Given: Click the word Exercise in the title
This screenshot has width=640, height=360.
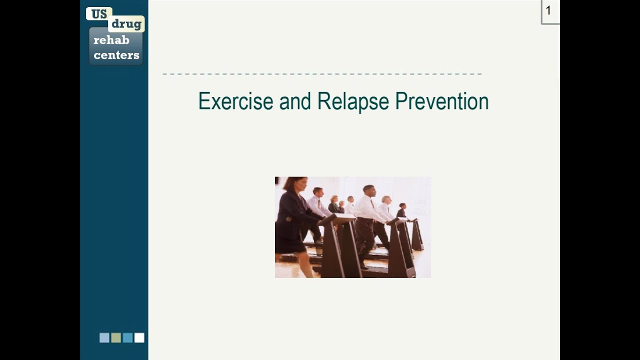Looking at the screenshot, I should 235,101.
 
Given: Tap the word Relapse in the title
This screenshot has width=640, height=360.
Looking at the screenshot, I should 353,101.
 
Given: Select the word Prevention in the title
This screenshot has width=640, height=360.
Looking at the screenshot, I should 441,101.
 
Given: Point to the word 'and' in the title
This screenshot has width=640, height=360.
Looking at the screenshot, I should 295,101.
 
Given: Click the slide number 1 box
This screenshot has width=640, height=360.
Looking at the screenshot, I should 549,11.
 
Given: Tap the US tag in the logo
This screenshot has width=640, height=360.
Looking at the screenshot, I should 98,14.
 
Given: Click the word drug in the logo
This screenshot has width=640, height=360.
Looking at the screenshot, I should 126,24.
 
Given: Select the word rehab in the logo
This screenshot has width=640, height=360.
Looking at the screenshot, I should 111,40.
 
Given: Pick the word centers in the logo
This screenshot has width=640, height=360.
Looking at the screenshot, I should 116,55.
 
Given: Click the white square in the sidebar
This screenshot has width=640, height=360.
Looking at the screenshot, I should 139,338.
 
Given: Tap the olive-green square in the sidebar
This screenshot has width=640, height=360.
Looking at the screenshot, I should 116,338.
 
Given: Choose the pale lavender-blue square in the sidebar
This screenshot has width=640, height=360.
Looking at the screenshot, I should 104,338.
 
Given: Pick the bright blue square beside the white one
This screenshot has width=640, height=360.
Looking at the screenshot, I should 127,338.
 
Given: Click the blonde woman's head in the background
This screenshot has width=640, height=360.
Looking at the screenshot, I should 334,199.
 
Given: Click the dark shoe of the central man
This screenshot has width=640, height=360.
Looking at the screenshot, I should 363,266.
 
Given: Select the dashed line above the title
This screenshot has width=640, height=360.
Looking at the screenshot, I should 322,74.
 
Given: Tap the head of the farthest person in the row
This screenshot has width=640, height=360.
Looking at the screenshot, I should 402,205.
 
